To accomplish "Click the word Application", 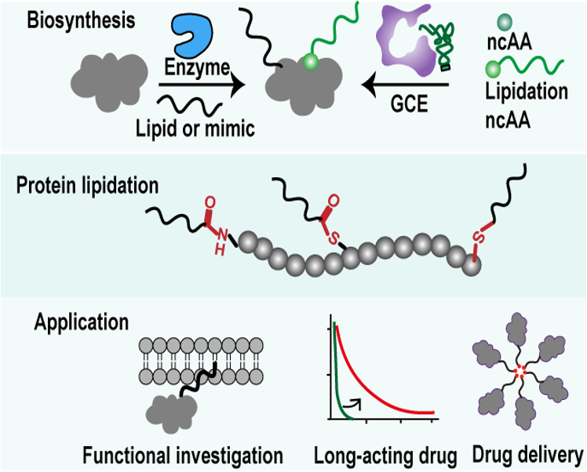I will (x=82, y=321).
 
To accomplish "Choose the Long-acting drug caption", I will (x=386, y=456).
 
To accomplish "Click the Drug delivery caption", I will (x=528, y=454).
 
